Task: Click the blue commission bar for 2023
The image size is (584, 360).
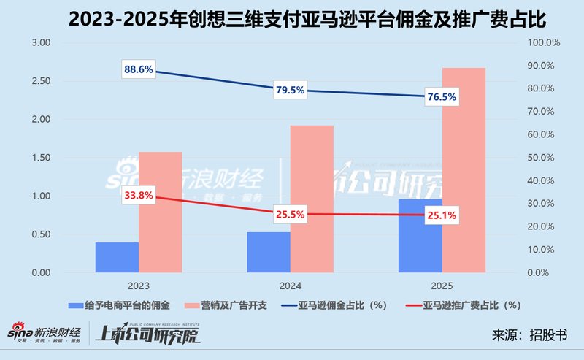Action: click(x=117, y=257)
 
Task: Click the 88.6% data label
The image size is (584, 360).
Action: click(x=139, y=69)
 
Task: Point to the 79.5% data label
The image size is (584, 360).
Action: click(x=291, y=91)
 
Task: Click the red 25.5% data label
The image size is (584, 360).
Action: click(x=291, y=215)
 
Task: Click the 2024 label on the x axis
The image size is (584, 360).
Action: click(x=290, y=286)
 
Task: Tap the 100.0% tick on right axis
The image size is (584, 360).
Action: click(x=543, y=43)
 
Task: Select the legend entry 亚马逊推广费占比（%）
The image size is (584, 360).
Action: click(x=467, y=304)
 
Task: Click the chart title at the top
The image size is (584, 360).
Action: click(x=292, y=18)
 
